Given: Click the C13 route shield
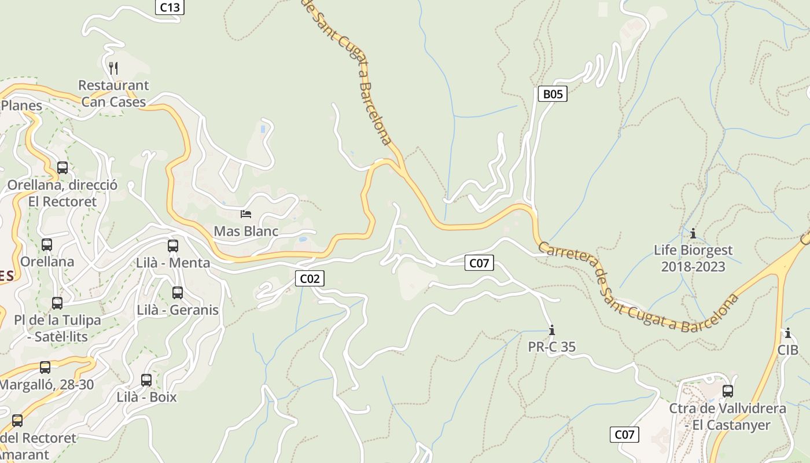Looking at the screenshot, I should [170, 7].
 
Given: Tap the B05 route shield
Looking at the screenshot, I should [552, 94].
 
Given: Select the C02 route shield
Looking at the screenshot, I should [310, 278].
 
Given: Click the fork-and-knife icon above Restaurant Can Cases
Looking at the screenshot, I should [113, 68].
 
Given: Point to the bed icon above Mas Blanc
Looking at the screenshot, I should [246, 214].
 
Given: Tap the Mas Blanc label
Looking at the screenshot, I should [246, 231].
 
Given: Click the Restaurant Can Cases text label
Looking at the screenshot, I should [113, 93].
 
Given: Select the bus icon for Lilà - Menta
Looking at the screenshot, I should [172, 246].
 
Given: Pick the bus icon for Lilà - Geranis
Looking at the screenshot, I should [178, 293].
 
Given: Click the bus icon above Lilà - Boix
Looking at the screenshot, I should [146, 380].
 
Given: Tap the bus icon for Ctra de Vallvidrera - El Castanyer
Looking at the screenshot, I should [728, 391].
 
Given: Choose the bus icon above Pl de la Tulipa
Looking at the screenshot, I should [57, 303].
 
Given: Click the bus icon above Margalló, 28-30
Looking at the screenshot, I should [45, 368].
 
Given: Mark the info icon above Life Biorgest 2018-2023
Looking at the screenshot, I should [693, 233].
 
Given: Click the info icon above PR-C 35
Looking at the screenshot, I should [552, 330].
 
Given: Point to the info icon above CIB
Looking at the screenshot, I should [787, 333].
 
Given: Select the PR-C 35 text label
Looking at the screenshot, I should [552, 347].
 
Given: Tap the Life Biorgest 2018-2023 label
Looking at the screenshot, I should [693, 258].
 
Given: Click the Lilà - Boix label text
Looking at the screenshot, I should [146, 397].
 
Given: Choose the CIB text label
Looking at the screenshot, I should [787, 350].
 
